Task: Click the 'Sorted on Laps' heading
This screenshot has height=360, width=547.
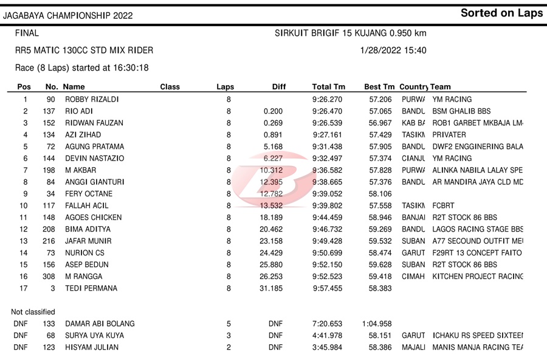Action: (x=501, y=13)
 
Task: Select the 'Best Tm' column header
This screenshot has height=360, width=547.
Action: (x=379, y=87)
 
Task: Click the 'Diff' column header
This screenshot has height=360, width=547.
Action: (x=279, y=87)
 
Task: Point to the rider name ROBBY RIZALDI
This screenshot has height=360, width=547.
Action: (x=92, y=99)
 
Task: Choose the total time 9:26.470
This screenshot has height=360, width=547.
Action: (x=328, y=111)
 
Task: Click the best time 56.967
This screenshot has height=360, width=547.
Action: (x=381, y=123)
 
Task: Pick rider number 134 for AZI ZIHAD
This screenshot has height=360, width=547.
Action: (x=49, y=135)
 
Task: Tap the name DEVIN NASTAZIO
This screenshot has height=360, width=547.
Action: (x=94, y=158)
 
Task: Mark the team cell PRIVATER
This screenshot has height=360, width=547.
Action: (x=449, y=135)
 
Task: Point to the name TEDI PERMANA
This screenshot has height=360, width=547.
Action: (x=91, y=288)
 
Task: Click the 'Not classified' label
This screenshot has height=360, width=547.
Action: (x=33, y=312)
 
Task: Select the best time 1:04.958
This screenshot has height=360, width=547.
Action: (x=377, y=324)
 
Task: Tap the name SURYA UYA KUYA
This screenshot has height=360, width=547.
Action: (x=94, y=336)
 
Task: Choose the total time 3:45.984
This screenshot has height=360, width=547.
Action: (x=328, y=347)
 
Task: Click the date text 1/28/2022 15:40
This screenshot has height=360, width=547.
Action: (x=393, y=50)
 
